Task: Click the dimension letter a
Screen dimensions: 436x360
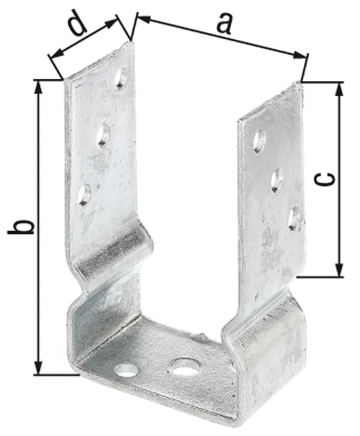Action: click(223, 24)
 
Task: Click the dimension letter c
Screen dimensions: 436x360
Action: click(326, 179)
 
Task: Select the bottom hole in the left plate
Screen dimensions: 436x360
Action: click(84, 195)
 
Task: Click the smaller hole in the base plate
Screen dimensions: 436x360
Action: click(125, 370)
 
